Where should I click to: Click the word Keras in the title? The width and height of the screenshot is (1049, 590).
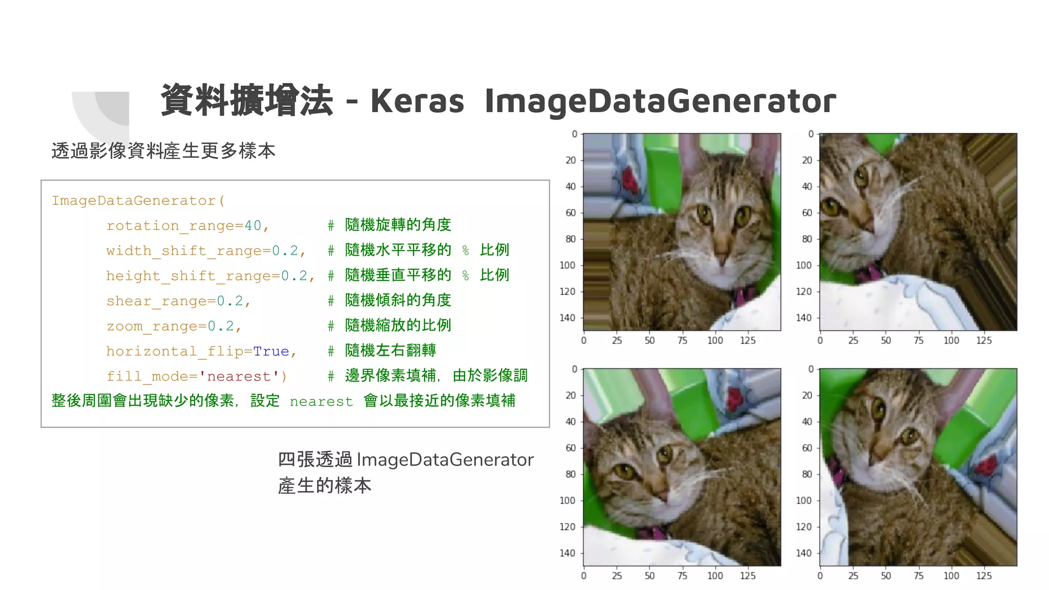click(x=417, y=101)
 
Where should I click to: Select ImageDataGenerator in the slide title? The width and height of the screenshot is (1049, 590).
click(x=660, y=101)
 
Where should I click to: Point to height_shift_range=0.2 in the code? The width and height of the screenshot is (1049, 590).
click(x=210, y=276)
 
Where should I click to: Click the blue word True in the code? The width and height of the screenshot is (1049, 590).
click(x=271, y=351)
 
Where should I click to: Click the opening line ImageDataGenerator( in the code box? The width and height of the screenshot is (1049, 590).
click(x=138, y=201)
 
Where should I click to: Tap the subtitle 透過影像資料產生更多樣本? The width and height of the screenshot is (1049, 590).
click(x=163, y=151)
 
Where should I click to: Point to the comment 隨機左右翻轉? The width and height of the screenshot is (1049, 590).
click(x=390, y=351)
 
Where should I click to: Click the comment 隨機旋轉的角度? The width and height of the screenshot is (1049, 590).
click(x=398, y=225)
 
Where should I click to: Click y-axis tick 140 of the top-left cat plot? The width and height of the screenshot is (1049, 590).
click(x=567, y=318)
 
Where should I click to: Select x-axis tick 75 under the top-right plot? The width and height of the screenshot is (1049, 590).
click(x=918, y=341)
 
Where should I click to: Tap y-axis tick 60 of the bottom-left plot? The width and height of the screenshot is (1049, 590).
click(x=570, y=448)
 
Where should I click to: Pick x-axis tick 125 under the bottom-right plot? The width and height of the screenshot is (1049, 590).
click(x=984, y=576)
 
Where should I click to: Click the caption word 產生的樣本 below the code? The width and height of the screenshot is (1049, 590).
click(x=325, y=486)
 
